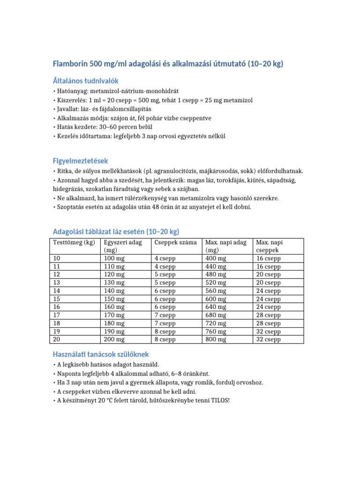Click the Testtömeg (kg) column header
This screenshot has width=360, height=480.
click(74, 242)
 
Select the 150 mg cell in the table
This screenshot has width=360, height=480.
click(114, 299)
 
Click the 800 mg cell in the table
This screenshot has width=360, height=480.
click(216, 340)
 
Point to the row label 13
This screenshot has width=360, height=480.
click(57, 283)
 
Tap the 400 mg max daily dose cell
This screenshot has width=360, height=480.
click(216, 258)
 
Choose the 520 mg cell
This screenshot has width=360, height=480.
click(216, 283)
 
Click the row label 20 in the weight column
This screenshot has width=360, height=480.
click(57, 340)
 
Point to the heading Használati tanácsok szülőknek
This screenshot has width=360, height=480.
click(101, 354)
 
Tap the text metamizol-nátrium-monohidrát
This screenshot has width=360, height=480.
click(136, 91)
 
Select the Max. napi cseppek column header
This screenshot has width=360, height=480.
click(270, 247)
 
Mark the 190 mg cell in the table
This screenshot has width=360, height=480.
click(114, 331)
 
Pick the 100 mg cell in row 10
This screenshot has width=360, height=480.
click(114, 258)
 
